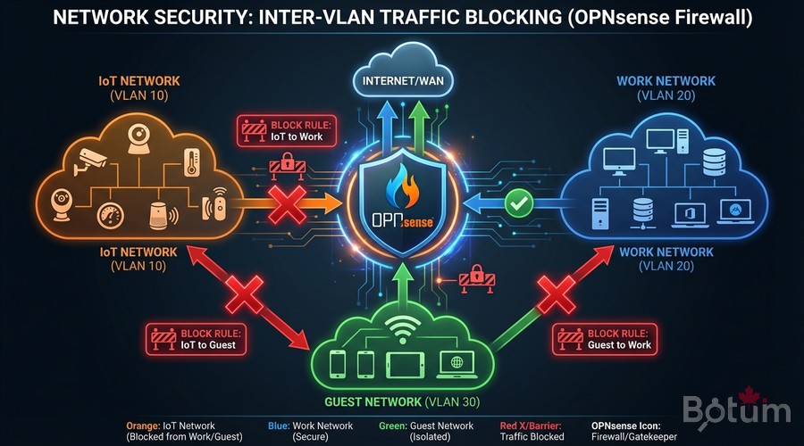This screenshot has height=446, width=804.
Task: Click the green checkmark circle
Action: click(517, 205)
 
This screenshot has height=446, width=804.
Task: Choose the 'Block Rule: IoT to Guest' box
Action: click(196, 339)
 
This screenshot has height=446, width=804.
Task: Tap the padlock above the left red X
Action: click(288, 161)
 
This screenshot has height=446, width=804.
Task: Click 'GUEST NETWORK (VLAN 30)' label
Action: click(401, 401)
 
